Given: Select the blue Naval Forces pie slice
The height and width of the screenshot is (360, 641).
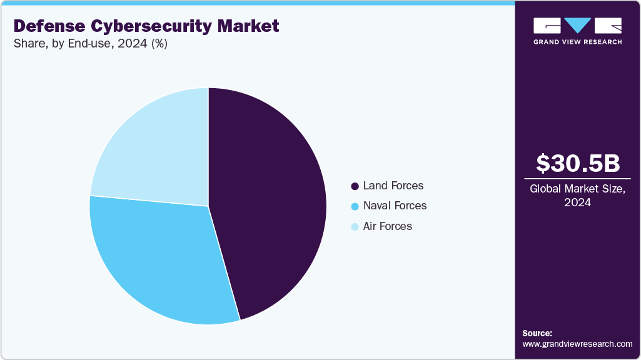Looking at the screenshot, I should (156, 256).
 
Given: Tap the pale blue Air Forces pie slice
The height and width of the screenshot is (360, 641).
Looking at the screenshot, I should (156, 150).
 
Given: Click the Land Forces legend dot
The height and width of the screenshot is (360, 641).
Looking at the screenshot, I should (355, 186).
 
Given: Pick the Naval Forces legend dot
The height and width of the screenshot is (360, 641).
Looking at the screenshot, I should (355, 206).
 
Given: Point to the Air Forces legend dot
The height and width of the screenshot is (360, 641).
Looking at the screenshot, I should (355, 226).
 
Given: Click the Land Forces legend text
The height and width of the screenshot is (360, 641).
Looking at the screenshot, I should (393, 186).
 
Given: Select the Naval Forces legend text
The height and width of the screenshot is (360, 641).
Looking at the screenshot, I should (395, 206).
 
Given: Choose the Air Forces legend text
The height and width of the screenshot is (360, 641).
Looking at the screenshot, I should (387, 226).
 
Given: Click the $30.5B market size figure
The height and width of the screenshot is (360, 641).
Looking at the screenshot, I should (577, 163).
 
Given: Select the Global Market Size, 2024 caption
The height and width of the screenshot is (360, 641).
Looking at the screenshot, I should (577, 195).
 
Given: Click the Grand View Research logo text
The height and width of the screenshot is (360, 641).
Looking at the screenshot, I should (577, 42).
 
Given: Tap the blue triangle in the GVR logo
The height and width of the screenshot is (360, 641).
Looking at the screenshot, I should (577, 26).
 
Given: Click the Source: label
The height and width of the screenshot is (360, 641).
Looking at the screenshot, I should (537, 333).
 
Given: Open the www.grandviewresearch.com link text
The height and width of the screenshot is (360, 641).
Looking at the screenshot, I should (577, 344).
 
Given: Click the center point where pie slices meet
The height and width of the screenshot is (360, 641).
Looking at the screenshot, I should (208, 206).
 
